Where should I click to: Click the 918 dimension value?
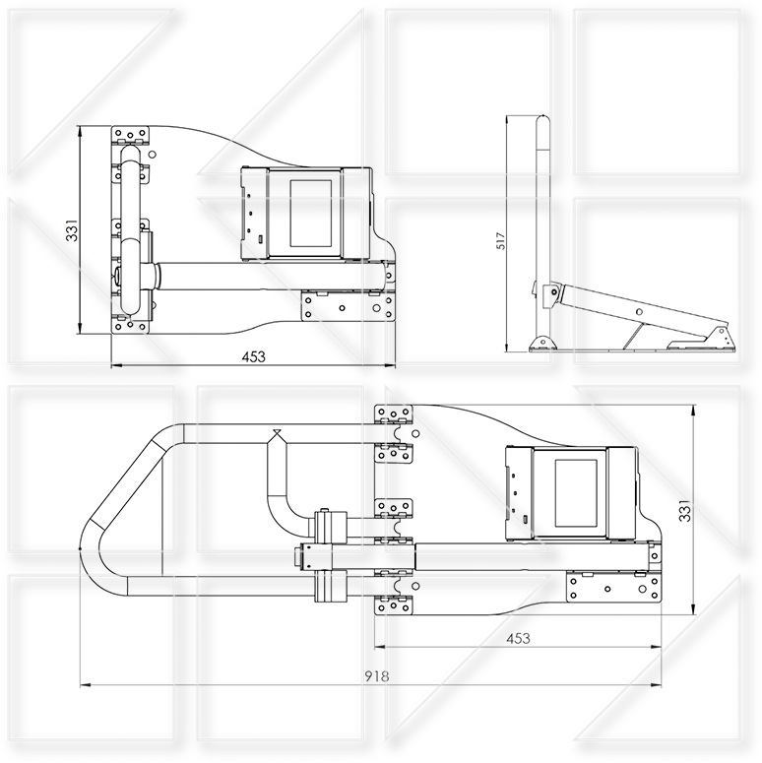(x=377, y=676)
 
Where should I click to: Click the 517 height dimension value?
(x=501, y=241)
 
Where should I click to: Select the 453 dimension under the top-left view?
(x=254, y=356)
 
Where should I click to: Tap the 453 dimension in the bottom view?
(x=518, y=638)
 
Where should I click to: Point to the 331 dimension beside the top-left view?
(x=72, y=230)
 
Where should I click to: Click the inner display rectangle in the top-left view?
(x=311, y=213)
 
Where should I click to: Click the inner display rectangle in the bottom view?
(x=576, y=493)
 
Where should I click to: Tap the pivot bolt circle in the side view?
(x=553, y=292)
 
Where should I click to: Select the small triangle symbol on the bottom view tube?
(x=277, y=432)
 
